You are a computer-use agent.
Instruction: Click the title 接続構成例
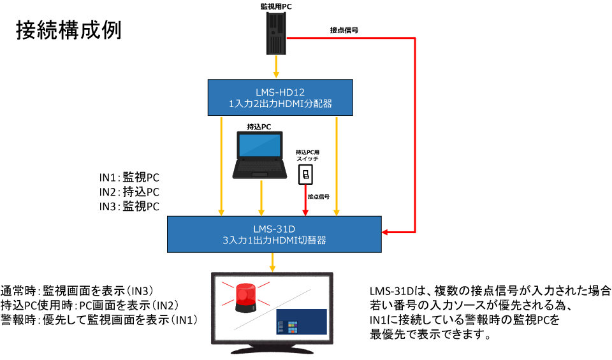tap(68, 30)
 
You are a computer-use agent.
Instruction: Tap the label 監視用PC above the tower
tap(277, 6)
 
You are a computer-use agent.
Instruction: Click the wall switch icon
tap(307, 173)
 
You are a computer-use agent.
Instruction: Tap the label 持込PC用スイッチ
tap(307, 155)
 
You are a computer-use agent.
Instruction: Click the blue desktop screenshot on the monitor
tap(301, 322)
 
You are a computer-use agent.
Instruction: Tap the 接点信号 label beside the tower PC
tap(344, 30)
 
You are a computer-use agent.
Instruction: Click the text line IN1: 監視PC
tap(129, 176)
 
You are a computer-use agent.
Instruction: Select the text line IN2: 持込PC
tap(129, 191)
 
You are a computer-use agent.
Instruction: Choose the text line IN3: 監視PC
tap(129, 206)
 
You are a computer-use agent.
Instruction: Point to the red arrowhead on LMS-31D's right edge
tap(384, 231)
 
